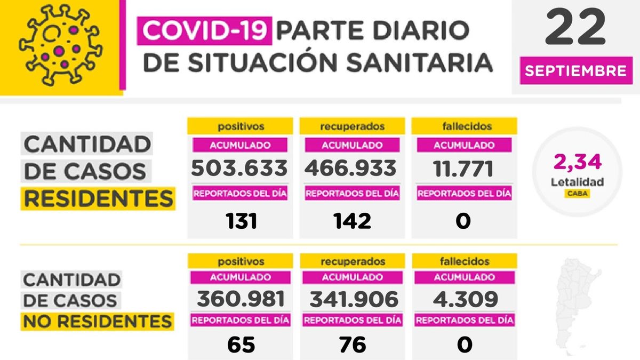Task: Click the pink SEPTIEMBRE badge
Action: click(x=575, y=71)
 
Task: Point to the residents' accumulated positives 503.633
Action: click(x=239, y=167)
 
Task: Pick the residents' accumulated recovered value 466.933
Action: click(x=351, y=167)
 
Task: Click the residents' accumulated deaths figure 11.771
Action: click(x=463, y=167)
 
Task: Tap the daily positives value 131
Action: click(x=239, y=220)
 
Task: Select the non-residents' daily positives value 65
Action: click(x=239, y=345)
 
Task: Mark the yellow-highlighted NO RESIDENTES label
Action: click(x=97, y=321)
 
